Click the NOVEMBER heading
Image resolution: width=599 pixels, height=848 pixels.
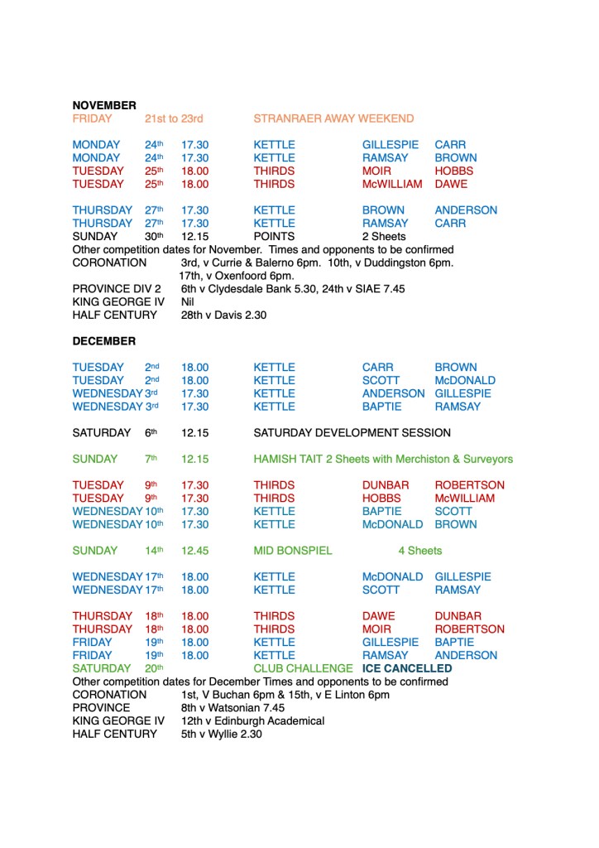[104, 105]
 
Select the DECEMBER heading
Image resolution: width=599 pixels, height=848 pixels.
[103, 341]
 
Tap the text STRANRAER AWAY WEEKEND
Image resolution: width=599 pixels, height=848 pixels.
[333, 118]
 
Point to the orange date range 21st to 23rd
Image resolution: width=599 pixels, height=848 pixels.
[174, 118]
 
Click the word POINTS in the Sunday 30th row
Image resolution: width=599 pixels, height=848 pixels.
[274, 236]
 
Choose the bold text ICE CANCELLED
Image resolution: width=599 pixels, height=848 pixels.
[407, 668]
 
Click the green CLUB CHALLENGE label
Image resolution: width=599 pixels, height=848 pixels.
[304, 668]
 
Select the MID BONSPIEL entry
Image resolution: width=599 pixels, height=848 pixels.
[293, 551]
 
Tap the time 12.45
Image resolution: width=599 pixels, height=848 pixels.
[195, 551]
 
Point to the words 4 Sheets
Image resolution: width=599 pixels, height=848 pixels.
[420, 551]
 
